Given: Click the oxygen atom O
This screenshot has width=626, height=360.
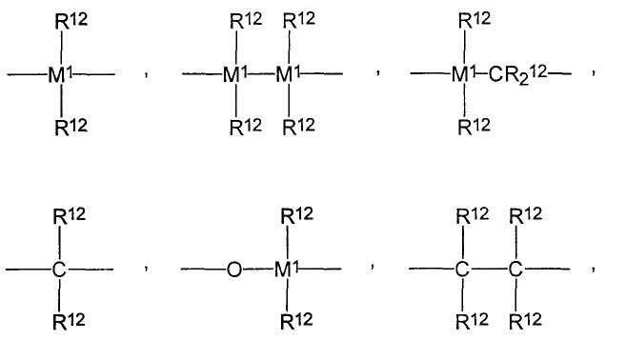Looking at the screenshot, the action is tap(234, 270).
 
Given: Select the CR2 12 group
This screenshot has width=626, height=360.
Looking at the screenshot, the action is tap(517, 74).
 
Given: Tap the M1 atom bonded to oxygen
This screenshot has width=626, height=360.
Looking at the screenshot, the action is tap(286, 270).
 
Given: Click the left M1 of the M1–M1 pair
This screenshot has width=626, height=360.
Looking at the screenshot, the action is tap(235, 74).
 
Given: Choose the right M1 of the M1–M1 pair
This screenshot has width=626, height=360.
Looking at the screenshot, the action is tap(288, 74).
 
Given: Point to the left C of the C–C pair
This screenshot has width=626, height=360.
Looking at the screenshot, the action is tap(462, 270).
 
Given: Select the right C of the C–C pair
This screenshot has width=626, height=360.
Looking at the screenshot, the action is tap(515, 270).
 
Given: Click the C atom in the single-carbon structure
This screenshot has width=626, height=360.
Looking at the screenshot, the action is tap(59, 270).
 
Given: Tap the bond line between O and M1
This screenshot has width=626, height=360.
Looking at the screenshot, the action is tap(258, 269).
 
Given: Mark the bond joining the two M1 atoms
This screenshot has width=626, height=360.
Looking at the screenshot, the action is tap(261, 74).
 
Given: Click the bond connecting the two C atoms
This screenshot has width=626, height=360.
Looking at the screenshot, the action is tap(489, 269).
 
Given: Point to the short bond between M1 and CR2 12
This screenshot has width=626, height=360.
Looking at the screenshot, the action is tap(482, 73).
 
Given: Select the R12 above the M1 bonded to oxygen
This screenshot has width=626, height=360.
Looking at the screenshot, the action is tap(296, 215).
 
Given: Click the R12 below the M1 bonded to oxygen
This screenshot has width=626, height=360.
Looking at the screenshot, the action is tap(296, 321).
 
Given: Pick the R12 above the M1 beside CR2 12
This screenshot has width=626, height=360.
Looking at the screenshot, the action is tap(475, 20).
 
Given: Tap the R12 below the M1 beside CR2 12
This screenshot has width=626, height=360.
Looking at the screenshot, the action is tap(474, 127).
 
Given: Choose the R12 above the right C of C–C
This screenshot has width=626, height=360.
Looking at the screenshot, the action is tap(526, 215).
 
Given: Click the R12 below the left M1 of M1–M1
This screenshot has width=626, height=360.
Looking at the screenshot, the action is tap(246, 127).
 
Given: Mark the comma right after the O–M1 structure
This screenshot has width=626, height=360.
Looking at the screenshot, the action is tap(373, 267).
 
